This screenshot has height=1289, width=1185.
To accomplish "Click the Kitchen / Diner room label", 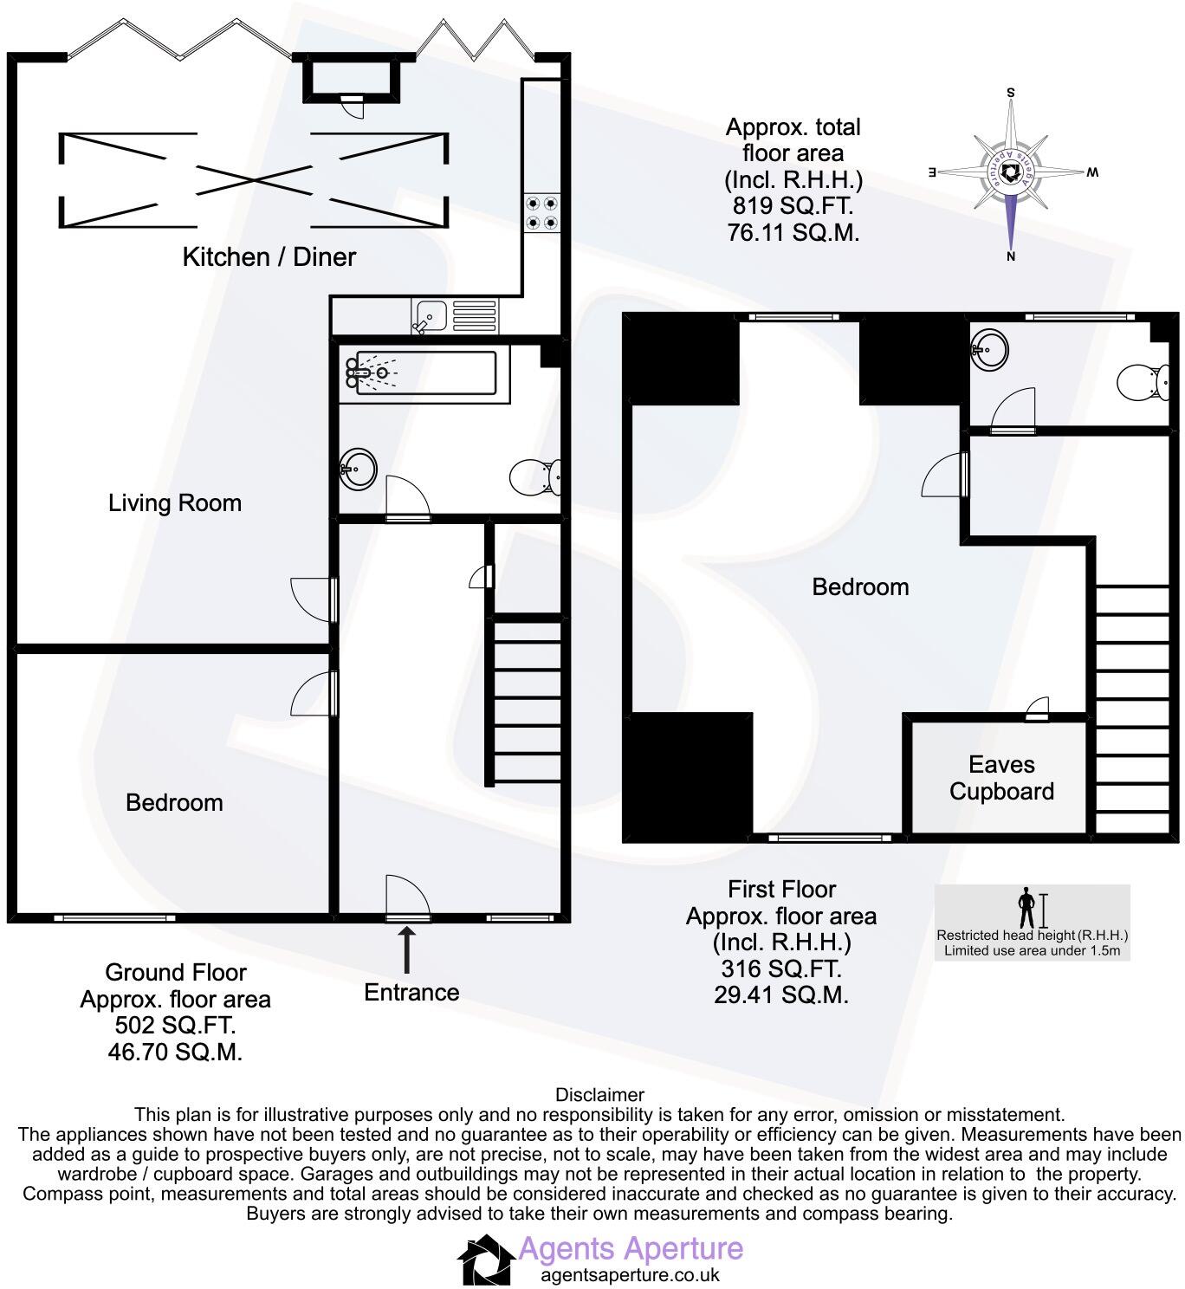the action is [x=269, y=256].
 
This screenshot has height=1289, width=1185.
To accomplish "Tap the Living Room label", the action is [x=174, y=502].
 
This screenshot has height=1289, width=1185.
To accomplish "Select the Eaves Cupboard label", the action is [x=1001, y=778].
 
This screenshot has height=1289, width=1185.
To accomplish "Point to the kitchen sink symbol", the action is [x=428, y=315].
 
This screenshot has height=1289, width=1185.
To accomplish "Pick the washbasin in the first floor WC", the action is [x=990, y=348].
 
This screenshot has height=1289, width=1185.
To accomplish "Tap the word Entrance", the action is [x=411, y=992].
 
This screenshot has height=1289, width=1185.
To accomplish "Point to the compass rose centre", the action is [x=1010, y=173].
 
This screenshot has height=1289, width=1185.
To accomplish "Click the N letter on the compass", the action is [x=1010, y=256].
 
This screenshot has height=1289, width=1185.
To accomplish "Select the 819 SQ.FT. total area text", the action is [x=793, y=206].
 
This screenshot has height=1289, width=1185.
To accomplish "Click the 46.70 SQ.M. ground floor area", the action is [x=174, y=1053].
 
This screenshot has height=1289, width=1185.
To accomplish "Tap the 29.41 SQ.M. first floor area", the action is [x=780, y=995].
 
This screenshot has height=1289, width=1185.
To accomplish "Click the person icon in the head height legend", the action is [x=1027, y=909].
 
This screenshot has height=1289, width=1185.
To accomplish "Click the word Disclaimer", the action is [x=599, y=1095].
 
